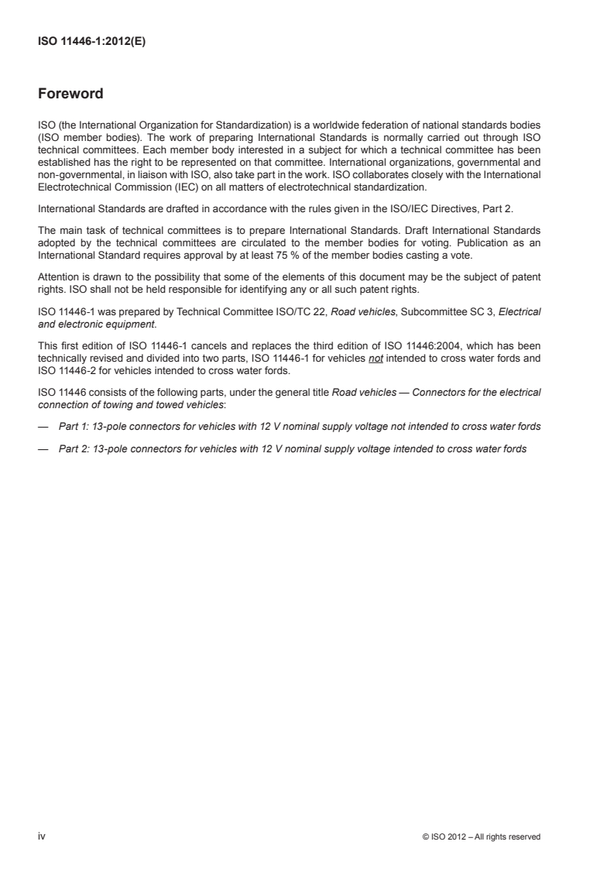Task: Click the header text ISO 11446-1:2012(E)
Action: (x=92, y=43)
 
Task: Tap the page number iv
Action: (x=42, y=836)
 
